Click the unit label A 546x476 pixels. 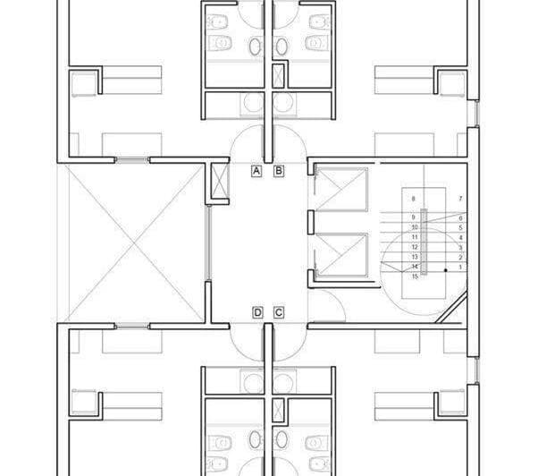pos(256,170)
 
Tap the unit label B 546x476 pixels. pos(278,170)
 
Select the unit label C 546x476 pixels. pos(278,312)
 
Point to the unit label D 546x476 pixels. pos(256,312)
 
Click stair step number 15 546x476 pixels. pos(415,277)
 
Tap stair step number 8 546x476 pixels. pos(415,198)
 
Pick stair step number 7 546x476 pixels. pos(460,198)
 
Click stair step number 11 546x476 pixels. pos(415,237)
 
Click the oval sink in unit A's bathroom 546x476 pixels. pos(254,46)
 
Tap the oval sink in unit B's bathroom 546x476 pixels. pos(281,46)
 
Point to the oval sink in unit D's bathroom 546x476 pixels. pos(254,439)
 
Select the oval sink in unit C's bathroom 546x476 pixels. pos(281,439)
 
